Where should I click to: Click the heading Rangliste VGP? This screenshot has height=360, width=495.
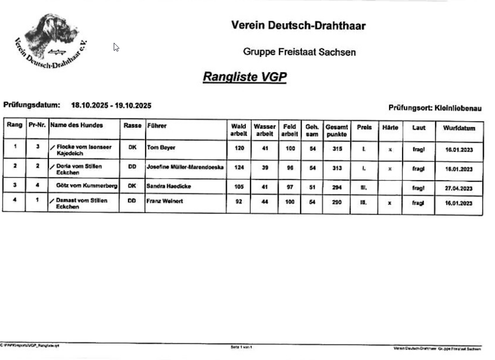coord(245,76)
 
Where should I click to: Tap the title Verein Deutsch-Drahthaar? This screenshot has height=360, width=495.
coord(298,25)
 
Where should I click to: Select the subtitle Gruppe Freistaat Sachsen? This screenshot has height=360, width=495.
coord(299,52)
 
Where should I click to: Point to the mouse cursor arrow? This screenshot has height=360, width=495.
coord(116,47)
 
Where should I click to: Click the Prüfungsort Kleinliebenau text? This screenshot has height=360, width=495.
coord(435,108)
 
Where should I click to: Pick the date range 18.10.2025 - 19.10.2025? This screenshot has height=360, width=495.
coord(111,105)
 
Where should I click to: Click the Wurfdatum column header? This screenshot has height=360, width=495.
coord(459,128)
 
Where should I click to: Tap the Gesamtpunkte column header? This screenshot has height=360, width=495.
coord(337,130)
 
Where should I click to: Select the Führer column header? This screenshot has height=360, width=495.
coord(157,125)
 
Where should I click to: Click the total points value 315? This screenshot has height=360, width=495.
coord(337,149)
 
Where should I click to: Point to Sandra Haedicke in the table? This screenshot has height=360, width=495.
coord(169,186)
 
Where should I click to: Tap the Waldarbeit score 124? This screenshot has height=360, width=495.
coord(239,168)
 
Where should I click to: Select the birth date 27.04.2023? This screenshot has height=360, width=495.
coord(459,188)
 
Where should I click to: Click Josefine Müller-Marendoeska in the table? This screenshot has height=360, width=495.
coord(185,167)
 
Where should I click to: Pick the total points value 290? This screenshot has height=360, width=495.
coord(337,202)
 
